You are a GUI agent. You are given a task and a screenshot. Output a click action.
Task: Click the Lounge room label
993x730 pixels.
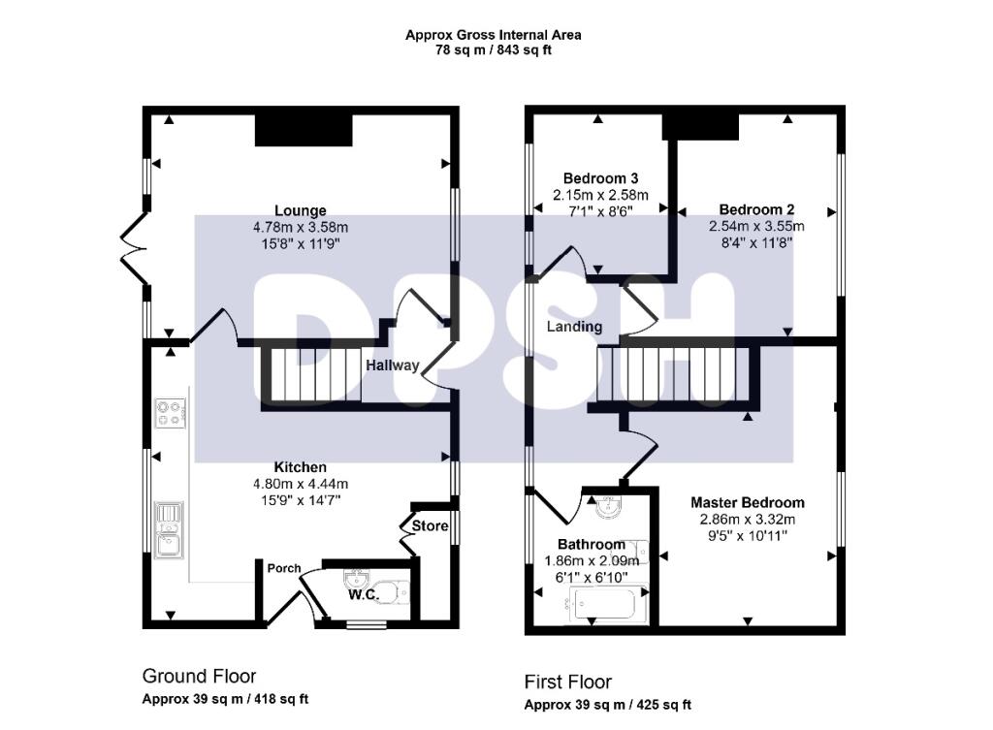[301, 210]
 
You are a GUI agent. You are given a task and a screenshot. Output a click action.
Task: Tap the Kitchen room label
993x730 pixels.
[300, 467]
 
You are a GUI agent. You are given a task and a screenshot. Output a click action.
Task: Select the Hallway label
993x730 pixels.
[393, 365]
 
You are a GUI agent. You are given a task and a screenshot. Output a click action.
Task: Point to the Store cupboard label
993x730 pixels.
[431, 526]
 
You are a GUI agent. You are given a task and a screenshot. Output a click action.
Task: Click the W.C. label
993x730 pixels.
[363, 594]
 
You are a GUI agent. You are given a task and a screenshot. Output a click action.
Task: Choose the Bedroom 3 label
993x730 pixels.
[600, 178]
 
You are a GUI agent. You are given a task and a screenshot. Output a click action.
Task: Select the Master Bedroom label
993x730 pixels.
[747, 503]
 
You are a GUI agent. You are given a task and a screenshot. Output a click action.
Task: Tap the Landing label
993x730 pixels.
[574, 327]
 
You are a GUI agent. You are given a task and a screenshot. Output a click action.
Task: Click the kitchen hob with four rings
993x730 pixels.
[168, 413]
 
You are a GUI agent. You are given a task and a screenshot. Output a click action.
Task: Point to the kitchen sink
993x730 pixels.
[168, 530]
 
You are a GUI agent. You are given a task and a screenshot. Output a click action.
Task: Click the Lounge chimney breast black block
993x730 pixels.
[304, 129]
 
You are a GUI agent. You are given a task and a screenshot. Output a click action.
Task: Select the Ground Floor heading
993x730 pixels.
[199, 676]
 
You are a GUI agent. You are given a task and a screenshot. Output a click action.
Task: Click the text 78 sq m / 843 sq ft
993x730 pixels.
[494, 50]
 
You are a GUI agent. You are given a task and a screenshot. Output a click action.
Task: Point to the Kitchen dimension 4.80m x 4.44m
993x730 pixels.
[300, 484]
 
